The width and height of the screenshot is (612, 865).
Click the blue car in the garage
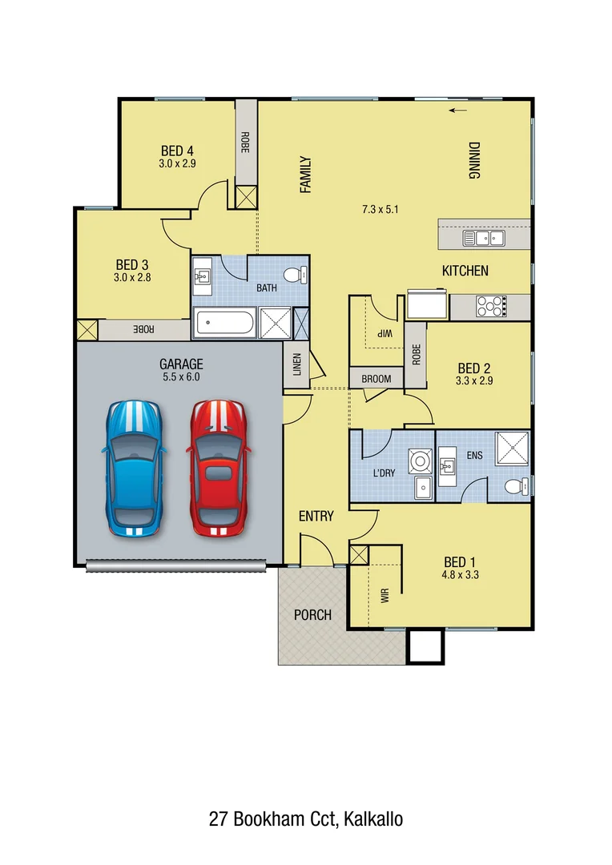[135, 468]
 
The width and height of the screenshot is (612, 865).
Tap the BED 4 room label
[177, 151]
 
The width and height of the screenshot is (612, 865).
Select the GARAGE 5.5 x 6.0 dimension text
[180, 376]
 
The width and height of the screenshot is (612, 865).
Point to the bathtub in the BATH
[225, 324]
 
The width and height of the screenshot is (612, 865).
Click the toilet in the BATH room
[299, 275]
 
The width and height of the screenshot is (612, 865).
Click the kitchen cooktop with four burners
[491, 306]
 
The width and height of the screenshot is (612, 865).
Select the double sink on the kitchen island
[483, 237]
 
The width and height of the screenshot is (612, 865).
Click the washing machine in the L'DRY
[419, 461]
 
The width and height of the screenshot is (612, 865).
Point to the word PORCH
[312, 615]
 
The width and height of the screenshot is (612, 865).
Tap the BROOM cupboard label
[376, 379]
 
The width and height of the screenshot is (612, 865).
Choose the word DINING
[473, 160]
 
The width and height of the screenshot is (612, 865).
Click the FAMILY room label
[304, 175]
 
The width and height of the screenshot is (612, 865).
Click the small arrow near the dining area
[457, 111]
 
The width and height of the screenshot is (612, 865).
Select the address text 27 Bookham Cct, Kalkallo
[305, 819]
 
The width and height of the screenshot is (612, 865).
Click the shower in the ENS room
[512, 449]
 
